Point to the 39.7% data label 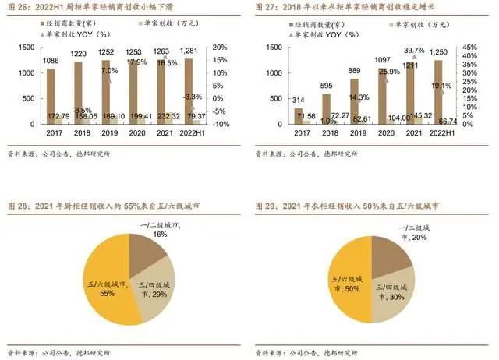click(413, 50)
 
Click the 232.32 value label click(169, 116)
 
